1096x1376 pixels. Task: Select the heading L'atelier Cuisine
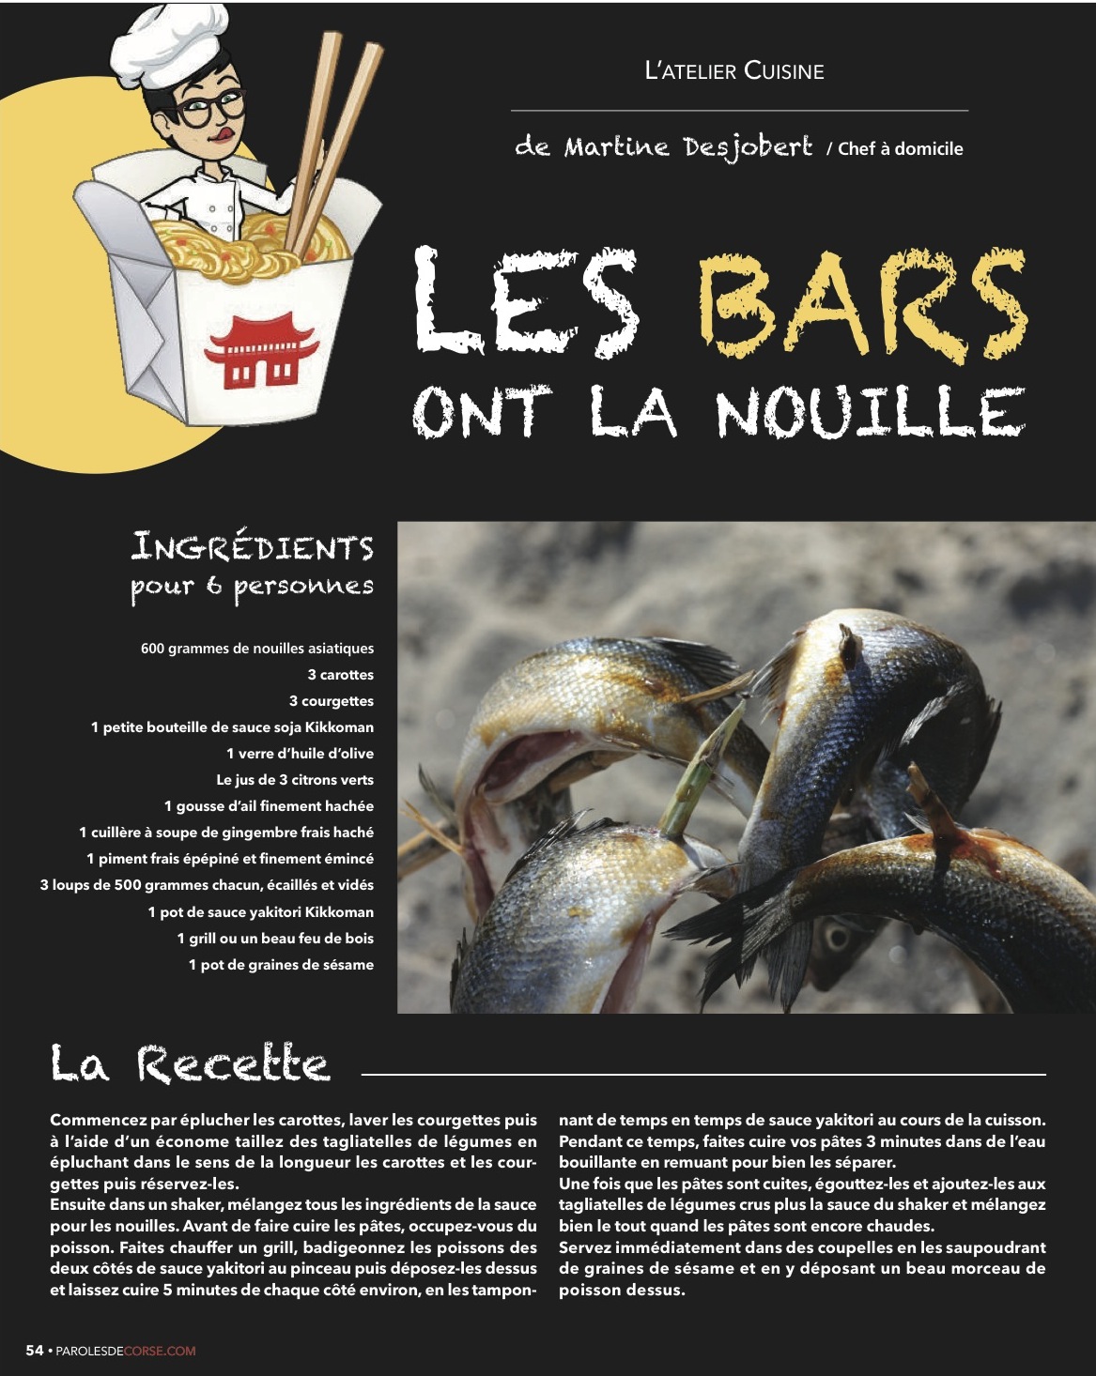pos(734,71)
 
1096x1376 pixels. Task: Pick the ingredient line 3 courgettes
pos(331,701)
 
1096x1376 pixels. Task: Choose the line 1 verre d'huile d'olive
pos(300,754)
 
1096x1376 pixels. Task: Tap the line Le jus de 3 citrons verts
pos(294,780)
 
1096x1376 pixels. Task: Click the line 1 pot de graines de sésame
pos(281,965)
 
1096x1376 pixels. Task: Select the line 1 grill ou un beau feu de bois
pos(275,939)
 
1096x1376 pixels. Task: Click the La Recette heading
pos(190,1063)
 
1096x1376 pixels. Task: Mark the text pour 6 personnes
pos(252,587)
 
